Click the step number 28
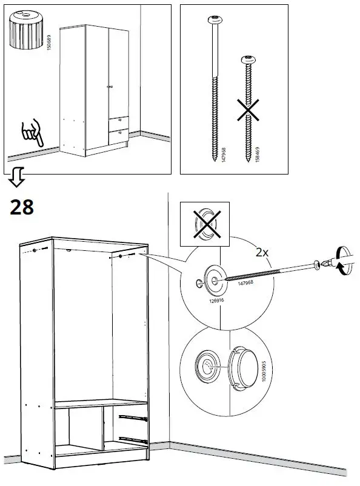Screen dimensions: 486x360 pyautogui.click(x=22, y=207)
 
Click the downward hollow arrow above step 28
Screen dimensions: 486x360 pyautogui.click(x=17, y=177)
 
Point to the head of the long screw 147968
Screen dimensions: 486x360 pyautogui.click(x=213, y=19)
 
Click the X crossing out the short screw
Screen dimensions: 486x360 pyautogui.click(x=247, y=112)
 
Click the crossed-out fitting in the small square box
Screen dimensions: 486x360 pyautogui.click(x=207, y=225)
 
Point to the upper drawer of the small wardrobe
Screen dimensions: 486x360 pyautogui.click(x=119, y=121)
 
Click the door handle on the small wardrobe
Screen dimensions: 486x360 pyautogui.click(x=109, y=88)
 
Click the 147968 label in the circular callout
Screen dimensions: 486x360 pyautogui.click(x=245, y=283)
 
